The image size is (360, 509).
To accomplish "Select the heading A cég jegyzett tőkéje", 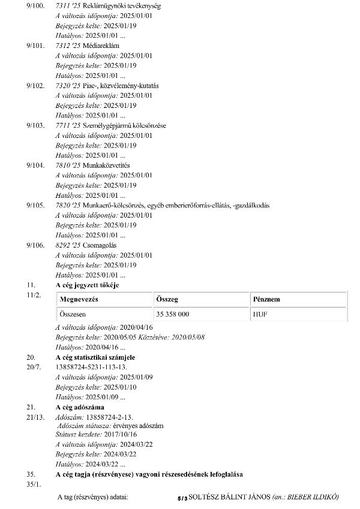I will (87, 285).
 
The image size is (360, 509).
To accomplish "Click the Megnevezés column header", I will (79, 299).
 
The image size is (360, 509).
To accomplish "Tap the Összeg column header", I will (167, 299).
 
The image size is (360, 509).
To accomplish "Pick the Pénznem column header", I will (266, 299).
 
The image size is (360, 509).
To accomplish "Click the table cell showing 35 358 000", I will (173, 314).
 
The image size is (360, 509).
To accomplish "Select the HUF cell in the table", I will (260, 314).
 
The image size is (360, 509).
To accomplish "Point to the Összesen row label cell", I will (74, 314).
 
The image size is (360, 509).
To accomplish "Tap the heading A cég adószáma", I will (83, 407).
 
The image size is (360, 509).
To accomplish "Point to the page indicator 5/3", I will (182, 498).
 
